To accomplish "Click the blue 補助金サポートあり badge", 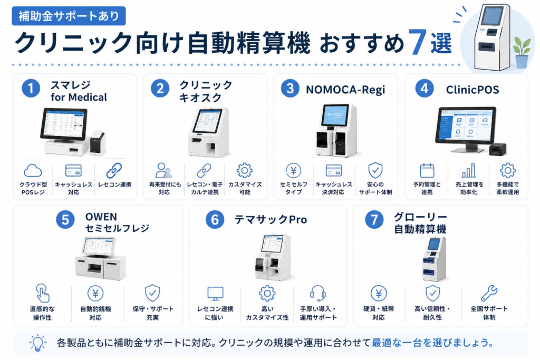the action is [x=69, y=16].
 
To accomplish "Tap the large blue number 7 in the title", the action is [x=418, y=42].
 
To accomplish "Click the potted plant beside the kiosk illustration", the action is [x=522, y=52].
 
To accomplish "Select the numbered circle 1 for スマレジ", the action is [x=31, y=88].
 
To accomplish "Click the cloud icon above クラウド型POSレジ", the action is [x=33, y=170].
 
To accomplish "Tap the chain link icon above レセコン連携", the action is [x=114, y=170].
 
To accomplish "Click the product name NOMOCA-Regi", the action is [x=345, y=90].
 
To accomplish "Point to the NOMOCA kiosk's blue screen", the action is [x=335, y=115].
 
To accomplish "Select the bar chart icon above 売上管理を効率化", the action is [x=468, y=170].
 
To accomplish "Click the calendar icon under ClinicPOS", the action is [x=427, y=170].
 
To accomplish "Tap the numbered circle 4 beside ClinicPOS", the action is [x=425, y=89].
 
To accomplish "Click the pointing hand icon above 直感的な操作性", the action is [x=43, y=293].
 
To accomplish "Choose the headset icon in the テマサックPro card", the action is [x=317, y=293].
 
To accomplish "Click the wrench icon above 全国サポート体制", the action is [x=489, y=293].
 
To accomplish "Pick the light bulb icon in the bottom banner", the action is [x=37, y=343].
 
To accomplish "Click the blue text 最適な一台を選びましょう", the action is [x=432, y=343].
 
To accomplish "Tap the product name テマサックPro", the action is [x=271, y=220].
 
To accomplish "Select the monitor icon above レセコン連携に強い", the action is [x=216, y=293].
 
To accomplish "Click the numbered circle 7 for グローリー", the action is [x=374, y=219].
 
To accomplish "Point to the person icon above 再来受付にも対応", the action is [x=163, y=170].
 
